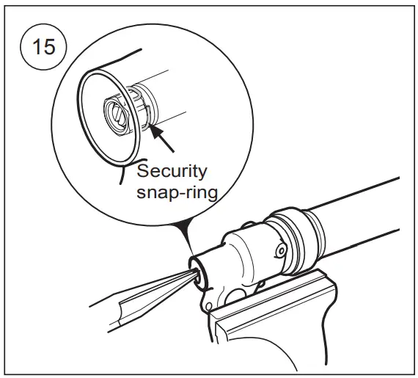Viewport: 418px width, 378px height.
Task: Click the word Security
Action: pos(173,171)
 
